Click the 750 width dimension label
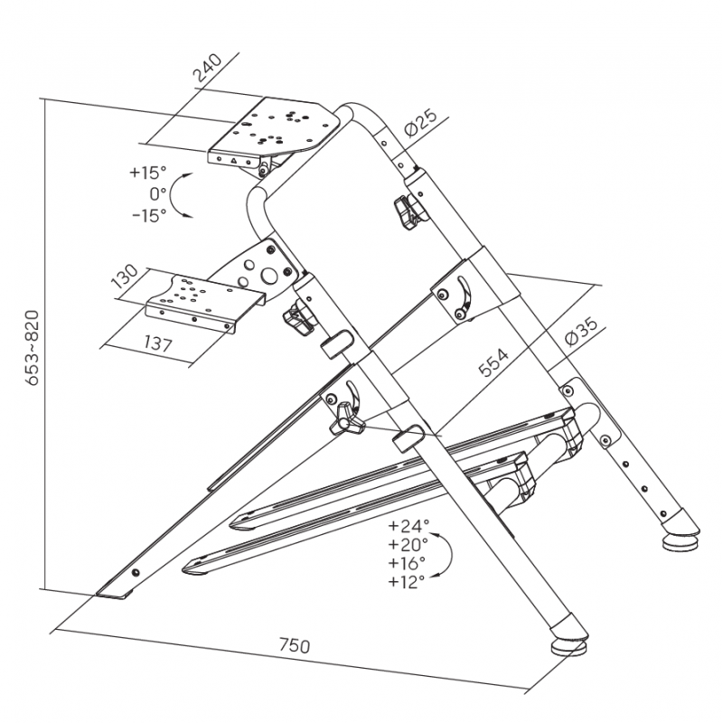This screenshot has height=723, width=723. coord(295,645)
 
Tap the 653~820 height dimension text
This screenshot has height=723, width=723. coord(33,347)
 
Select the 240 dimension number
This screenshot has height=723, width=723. coord(207,68)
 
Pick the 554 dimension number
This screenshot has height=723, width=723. coord(493,362)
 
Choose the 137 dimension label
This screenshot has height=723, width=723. coord(158,343)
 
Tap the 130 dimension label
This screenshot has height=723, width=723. coord(125,277)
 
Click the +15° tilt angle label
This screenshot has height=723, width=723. coord(147,173)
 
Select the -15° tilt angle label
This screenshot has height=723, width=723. coord(149,215)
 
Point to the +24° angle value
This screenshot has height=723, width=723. coord(408,526)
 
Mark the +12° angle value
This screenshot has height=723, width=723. coord(406,582)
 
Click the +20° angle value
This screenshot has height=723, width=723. coord(408,545)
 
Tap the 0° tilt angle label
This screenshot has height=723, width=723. coord(157,194)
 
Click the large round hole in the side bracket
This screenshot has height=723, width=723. coord(268,276)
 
